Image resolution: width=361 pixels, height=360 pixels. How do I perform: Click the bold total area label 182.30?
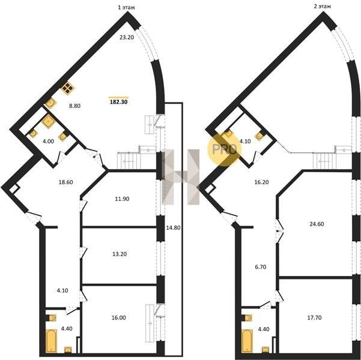pos(119,102)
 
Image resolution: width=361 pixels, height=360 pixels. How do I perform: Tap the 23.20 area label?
pos(127,37)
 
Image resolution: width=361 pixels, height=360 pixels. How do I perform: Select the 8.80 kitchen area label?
pos(75,106)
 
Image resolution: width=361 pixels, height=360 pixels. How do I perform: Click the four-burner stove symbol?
pos(68,88)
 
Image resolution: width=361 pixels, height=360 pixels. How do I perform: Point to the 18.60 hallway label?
pos(66,182)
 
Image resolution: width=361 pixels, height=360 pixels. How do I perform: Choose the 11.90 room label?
pos(122,199)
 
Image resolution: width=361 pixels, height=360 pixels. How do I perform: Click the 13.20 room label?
pos(120,254)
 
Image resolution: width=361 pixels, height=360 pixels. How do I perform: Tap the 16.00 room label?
pos(118,317)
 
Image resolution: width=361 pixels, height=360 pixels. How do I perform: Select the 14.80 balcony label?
pos(173,228)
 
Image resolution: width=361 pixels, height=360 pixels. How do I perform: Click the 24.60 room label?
pos(317,224)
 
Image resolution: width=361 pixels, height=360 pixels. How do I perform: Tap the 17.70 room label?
pos(315,317)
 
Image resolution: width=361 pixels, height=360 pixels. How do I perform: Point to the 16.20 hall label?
pos(261,182)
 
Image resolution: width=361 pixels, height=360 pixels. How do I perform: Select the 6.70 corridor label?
pos(261,267)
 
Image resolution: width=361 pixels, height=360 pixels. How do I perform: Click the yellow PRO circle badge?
pos(225,149)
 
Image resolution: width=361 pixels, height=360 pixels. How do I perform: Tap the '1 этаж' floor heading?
pos(126,7)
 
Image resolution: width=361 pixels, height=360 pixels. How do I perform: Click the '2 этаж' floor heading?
pos(323,6)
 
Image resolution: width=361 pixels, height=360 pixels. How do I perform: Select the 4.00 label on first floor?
pos(48,141)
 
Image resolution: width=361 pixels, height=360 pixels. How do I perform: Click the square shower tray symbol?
pos(48,121)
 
